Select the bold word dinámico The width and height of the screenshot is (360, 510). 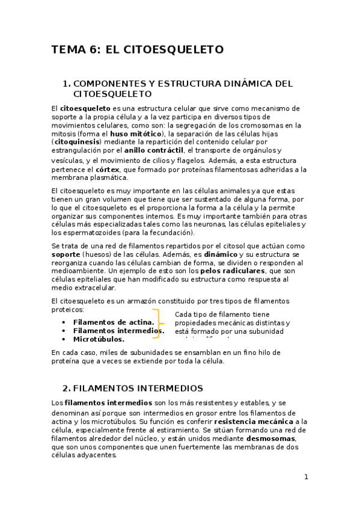[221, 254]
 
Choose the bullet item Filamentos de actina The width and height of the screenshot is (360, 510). [113, 322]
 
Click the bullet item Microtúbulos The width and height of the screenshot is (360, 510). [99, 339]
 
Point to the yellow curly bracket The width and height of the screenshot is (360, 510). [158, 324]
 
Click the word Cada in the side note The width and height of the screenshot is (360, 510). [184, 315]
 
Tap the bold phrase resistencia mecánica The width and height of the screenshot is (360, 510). [257, 422]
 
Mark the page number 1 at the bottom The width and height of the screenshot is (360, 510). [306, 477]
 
